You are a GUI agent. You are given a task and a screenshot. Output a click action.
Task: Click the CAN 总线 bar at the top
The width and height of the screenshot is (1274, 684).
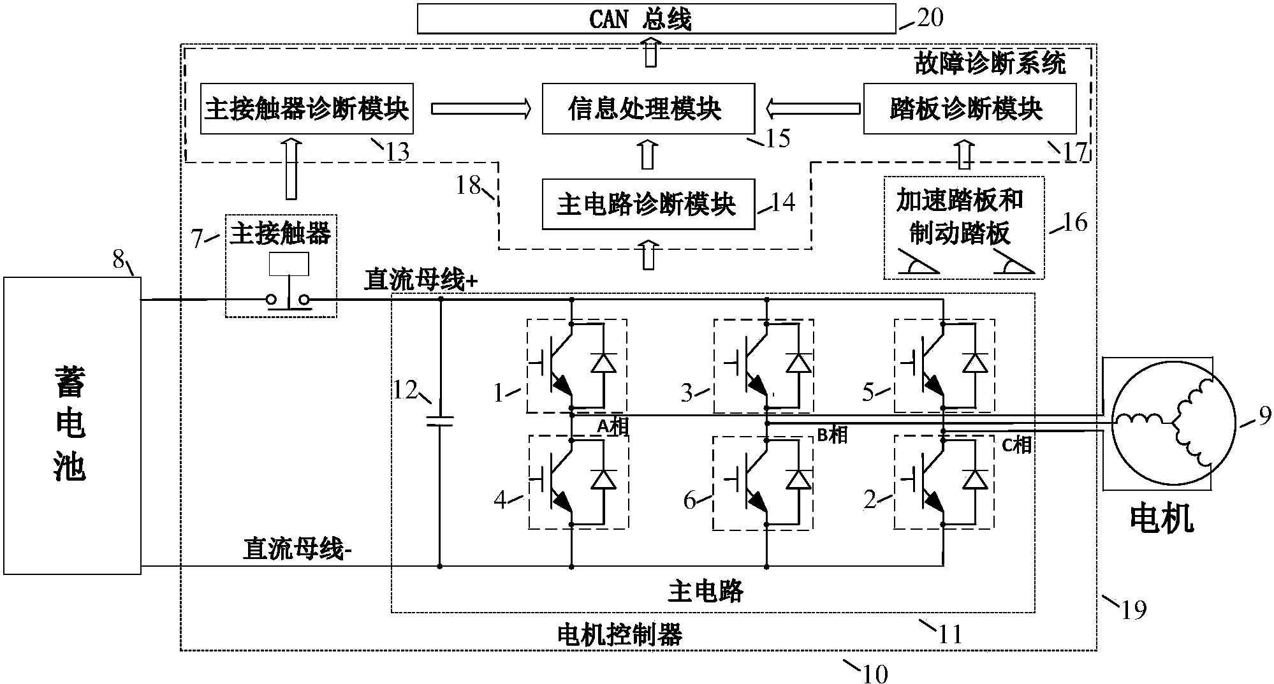[656, 19]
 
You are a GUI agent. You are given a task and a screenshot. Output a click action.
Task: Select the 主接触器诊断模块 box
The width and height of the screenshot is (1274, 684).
[306, 108]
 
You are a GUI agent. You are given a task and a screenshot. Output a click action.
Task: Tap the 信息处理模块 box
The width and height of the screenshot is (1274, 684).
[648, 108]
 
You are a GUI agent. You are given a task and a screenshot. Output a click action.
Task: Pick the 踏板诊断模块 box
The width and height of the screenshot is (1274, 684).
[969, 108]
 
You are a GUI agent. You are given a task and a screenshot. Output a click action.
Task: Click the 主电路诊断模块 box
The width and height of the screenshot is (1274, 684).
[648, 204]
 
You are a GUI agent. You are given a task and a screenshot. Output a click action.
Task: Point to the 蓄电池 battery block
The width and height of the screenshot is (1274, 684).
[71, 425]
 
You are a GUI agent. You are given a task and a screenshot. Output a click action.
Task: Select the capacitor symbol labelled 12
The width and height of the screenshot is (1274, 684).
[440, 420]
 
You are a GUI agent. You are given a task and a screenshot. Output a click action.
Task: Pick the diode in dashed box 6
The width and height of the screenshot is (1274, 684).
[798, 479]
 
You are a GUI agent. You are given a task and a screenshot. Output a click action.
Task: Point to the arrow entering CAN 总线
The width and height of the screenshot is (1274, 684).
[650, 52]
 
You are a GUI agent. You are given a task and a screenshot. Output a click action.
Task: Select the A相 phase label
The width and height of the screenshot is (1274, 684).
[612, 426]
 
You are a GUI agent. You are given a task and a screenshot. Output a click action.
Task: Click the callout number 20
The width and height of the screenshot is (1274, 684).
[930, 18]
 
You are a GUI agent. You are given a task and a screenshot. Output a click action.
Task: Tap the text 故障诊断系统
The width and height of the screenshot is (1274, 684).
[989, 64]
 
